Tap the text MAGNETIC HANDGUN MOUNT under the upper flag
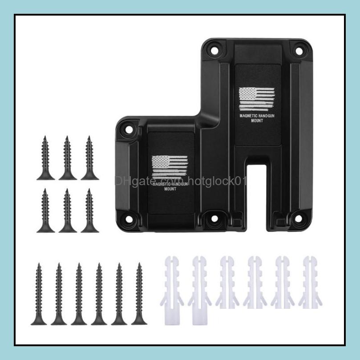(x=257, y=117)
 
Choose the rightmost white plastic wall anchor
(x=307, y=283)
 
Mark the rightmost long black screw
(x=139, y=294)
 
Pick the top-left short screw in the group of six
(x=45, y=158)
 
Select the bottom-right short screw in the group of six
(x=89, y=210)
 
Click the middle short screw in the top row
(x=68, y=158)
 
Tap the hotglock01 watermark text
(x=214, y=181)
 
